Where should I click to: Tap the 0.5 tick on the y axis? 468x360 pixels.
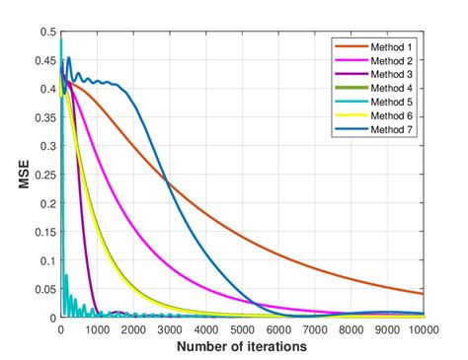tap(46, 33)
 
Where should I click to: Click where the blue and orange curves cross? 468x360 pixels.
tap(167, 180)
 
